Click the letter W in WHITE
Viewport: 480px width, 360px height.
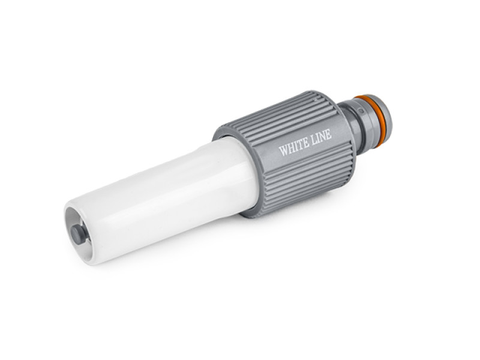pos(283,151)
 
